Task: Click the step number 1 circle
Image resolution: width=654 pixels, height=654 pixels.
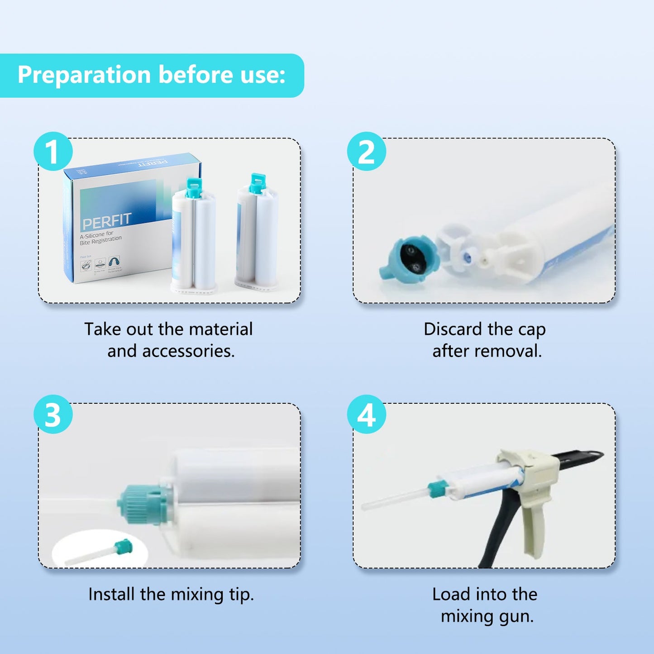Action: click(x=53, y=152)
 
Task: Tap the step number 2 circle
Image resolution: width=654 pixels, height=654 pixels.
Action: click(x=366, y=152)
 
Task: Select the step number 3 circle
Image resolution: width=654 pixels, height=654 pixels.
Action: click(x=53, y=415)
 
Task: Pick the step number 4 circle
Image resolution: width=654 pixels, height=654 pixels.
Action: click(x=366, y=415)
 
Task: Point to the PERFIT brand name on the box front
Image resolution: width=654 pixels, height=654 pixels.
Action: click(x=106, y=221)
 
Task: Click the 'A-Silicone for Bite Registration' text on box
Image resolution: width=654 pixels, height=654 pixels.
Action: click(x=100, y=238)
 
